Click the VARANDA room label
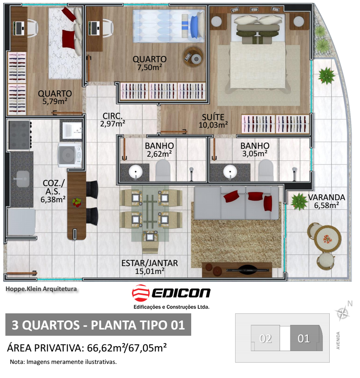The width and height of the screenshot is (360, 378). click(x=326, y=197)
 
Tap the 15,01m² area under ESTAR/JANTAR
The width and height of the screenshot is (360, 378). click(x=150, y=271)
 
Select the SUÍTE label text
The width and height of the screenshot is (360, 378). click(x=213, y=117)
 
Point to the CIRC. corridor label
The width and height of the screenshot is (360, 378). click(x=112, y=116)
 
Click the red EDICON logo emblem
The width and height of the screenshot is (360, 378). click(x=141, y=293)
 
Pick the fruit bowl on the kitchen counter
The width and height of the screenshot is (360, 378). click(x=77, y=202)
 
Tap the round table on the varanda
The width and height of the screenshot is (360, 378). click(x=327, y=239)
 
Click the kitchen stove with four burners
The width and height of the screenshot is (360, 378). click(x=20, y=135)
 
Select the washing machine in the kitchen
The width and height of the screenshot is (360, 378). click(x=70, y=155)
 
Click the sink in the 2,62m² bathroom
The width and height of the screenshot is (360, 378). click(x=136, y=172)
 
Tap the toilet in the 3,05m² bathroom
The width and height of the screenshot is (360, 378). click(x=266, y=170)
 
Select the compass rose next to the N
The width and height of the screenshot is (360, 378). click(x=343, y=313)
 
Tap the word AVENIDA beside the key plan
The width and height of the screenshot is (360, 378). click(x=338, y=340)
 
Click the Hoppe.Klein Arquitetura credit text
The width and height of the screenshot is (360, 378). click(x=41, y=289)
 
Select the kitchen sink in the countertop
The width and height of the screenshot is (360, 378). click(x=23, y=179)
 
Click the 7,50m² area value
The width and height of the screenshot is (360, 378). click(x=150, y=67)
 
